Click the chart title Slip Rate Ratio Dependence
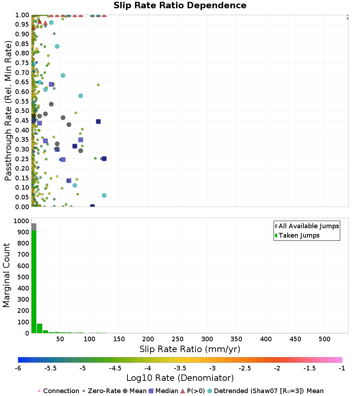tap(180, 5)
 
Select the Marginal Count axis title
tap(6, 275)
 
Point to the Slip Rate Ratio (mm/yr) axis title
tap(190, 349)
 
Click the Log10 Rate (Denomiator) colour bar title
tap(180, 378)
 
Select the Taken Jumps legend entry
tap(299, 235)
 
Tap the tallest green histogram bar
tap(34, 281)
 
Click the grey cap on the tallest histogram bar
tap(34, 227)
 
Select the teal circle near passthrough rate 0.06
tap(104, 195)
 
